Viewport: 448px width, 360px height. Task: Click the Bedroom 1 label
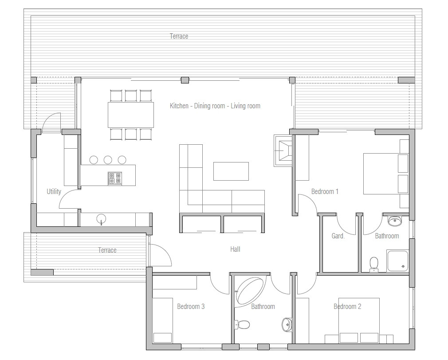coord(325,192)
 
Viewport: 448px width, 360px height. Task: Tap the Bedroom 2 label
coord(347,306)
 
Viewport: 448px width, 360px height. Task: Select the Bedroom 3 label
coord(191,306)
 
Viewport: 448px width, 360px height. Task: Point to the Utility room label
coord(54,192)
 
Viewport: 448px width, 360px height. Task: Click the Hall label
coord(235,249)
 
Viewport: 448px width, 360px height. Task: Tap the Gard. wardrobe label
coord(338,236)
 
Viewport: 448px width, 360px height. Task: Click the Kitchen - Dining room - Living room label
coord(215,106)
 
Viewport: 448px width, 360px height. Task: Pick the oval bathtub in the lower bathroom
coord(251,290)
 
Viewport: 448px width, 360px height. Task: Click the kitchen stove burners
coord(114,178)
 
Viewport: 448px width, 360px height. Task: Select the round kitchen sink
coord(102,218)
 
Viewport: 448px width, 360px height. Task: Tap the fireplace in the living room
coord(283,151)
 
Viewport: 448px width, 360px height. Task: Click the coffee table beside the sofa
coord(231,171)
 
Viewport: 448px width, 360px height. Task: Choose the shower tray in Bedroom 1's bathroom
coord(397,261)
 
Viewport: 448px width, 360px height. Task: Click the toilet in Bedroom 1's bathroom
coord(374,263)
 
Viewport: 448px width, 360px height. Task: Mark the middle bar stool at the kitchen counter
coord(108,160)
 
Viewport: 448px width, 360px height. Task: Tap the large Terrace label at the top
coord(179,36)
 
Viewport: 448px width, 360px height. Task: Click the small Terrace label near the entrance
coord(107,250)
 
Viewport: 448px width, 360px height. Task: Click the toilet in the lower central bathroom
coord(243,325)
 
